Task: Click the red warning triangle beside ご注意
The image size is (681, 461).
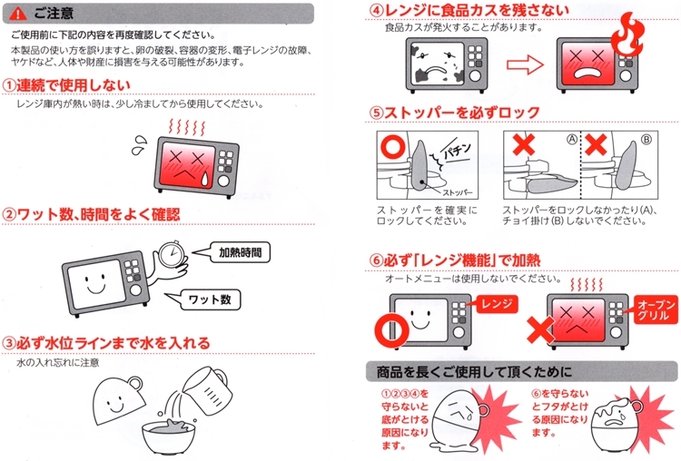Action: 17,14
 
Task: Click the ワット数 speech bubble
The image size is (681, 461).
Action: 204,299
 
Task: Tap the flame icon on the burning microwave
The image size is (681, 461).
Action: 627,34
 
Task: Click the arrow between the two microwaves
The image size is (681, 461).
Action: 525,65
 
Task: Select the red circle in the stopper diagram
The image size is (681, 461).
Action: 393,146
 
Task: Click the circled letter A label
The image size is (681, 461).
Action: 571,140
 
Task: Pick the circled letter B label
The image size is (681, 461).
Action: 646,140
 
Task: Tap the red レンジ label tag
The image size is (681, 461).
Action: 497,304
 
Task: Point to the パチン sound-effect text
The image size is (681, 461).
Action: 457,151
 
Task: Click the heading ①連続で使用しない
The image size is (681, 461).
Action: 66,85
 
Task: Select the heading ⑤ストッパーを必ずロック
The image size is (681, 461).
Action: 454,113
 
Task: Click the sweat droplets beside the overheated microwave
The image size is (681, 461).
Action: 140,145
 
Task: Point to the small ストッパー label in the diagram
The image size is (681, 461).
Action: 458,192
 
